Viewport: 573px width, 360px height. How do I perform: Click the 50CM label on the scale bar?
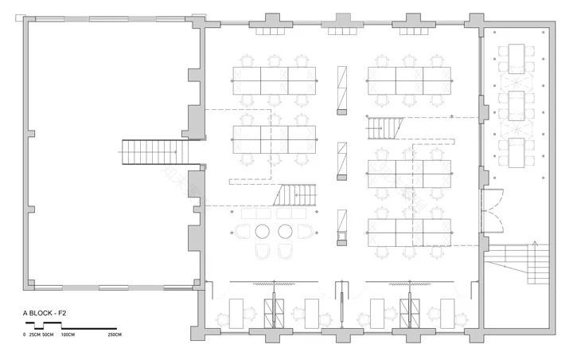49,335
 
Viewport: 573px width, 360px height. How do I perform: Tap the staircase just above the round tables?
297,195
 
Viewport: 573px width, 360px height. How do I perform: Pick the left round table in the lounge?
263,232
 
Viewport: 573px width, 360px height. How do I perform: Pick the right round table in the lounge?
286,232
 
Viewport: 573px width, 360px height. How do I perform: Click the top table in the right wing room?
516,57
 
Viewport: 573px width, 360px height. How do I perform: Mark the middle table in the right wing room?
516,103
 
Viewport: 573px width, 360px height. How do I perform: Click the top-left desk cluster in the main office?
274,80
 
